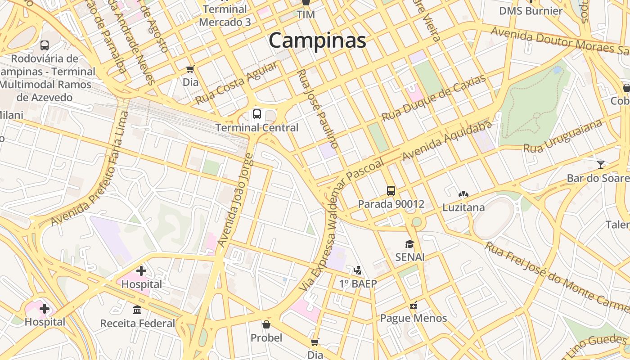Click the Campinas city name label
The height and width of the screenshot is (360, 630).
coord(317,41)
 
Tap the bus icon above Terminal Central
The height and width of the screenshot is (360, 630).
coord(257,114)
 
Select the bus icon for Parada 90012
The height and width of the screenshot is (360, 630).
coord(391,191)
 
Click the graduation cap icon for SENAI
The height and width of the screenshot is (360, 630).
coord(409,244)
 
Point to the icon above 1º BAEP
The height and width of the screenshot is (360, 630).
coord(358,270)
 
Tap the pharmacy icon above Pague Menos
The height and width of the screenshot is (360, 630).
coord(414,305)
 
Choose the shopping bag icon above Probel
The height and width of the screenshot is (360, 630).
coord(266,324)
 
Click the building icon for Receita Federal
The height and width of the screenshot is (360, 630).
coord(137,310)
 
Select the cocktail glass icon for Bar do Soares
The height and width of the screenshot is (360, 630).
coord(601,165)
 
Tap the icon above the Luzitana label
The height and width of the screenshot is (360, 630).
coord(463,194)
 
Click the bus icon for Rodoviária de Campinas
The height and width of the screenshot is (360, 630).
coord(45,45)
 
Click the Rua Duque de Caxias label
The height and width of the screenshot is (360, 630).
coord(434,98)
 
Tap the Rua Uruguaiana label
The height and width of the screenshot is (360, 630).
coord(562,136)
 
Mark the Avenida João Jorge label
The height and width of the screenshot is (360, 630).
coord(236,200)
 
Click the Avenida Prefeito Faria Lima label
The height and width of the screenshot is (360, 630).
coord(90,169)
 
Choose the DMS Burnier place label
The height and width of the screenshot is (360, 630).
coord(531,11)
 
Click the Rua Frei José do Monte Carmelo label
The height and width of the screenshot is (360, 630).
coord(557,277)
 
